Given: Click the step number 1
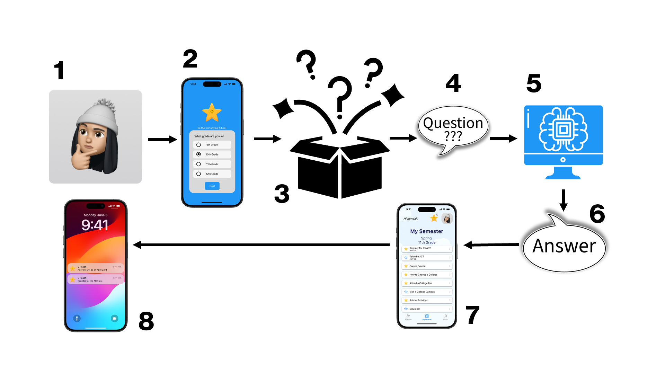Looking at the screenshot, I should tap(59, 70).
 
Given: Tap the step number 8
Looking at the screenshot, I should tap(146, 321).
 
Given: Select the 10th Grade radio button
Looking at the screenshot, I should tap(198, 154).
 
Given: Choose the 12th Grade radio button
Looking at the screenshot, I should tap(198, 174).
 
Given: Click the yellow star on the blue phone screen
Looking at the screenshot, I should tap(212, 112).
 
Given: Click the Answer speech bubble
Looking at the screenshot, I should tap(564, 247).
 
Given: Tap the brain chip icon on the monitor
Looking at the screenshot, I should tap(563, 130).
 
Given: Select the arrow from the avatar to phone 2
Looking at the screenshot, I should tap(162, 140).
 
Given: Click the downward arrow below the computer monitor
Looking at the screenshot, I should tap(564, 200).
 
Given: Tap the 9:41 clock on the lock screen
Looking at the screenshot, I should tap(95, 225).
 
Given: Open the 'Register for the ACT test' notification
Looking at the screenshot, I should tap(96, 279).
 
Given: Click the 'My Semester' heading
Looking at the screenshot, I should tap(427, 231).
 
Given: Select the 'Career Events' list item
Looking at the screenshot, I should tap(427, 266).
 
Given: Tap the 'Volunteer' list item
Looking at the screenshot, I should tap(427, 309).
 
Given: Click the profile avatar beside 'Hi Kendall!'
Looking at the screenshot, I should tap(447, 219).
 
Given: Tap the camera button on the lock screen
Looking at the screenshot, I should tap(115, 318).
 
